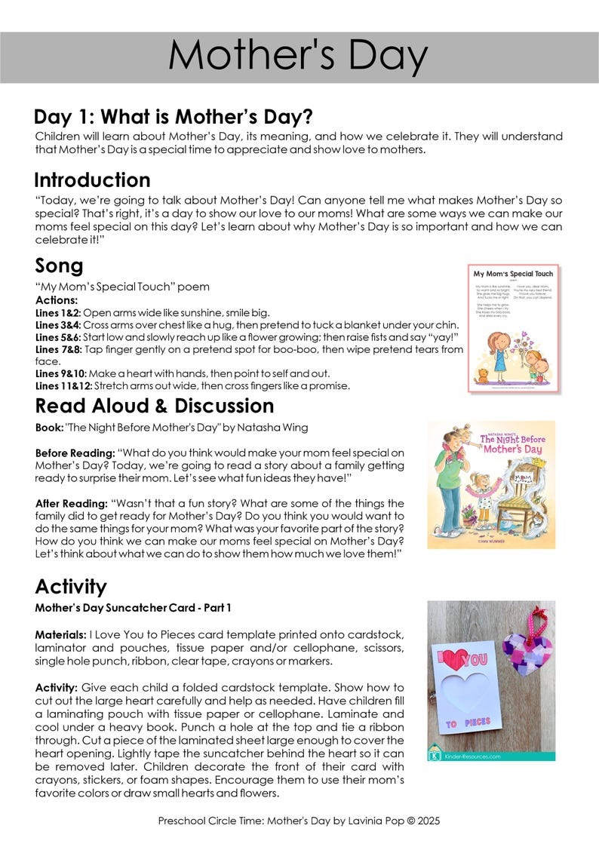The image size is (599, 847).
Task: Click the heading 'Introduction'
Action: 92,180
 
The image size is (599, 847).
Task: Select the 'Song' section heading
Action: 59,266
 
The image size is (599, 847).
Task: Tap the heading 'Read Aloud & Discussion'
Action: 154,406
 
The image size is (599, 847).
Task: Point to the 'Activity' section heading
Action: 71,586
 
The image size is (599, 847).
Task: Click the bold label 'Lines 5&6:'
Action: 58,337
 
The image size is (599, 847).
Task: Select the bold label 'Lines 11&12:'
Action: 63,386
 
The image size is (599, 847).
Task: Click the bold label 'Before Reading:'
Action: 75,453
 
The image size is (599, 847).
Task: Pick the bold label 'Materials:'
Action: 60,635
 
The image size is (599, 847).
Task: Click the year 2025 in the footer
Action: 426,821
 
